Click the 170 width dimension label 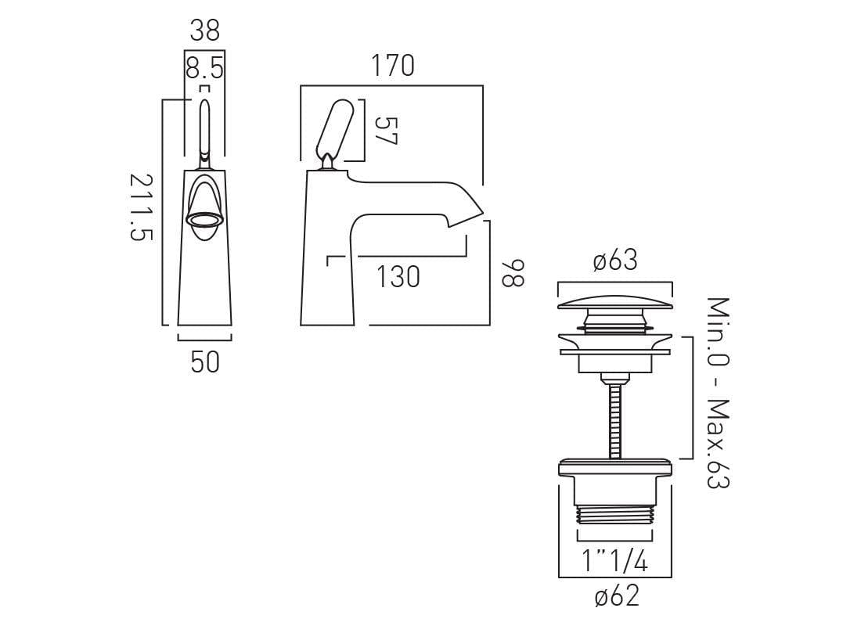[x=391, y=67]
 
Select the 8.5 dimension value [x=204, y=69]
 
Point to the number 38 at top [x=204, y=31]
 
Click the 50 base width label [x=204, y=362]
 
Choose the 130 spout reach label [x=398, y=276]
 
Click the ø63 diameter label [x=615, y=261]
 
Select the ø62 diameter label [x=616, y=596]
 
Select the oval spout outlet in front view [x=204, y=219]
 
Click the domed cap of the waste [x=615, y=302]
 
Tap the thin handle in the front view [x=204, y=129]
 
